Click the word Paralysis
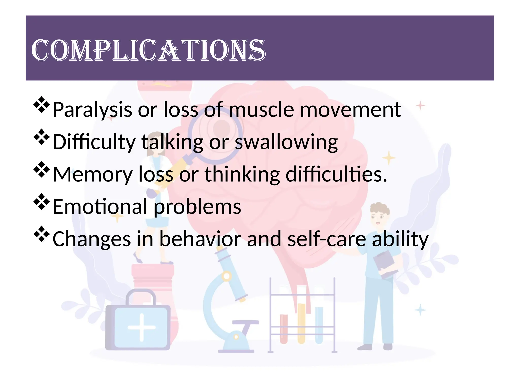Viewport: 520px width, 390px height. [92, 110]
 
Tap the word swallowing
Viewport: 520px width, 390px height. [286, 142]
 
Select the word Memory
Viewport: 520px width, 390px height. [93, 174]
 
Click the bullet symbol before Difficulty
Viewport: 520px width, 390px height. [41, 137]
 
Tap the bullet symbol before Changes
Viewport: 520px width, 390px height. [41, 234]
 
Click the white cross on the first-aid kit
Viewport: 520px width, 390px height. [141, 327]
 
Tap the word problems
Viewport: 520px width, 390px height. [198, 207]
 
